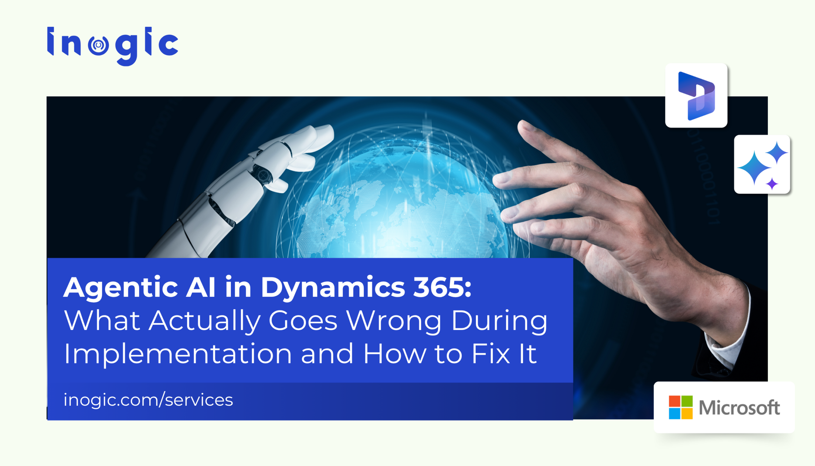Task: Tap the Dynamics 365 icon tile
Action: (x=696, y=95)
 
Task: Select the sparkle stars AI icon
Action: (x=762, y=164)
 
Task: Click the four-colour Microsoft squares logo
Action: (x=680, y=407)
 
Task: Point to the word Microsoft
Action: (x=739, y=407)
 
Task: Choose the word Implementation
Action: (x=178, y=354)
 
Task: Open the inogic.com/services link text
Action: (x=148, y=400)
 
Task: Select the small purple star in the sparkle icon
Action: (x=772, y=184)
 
